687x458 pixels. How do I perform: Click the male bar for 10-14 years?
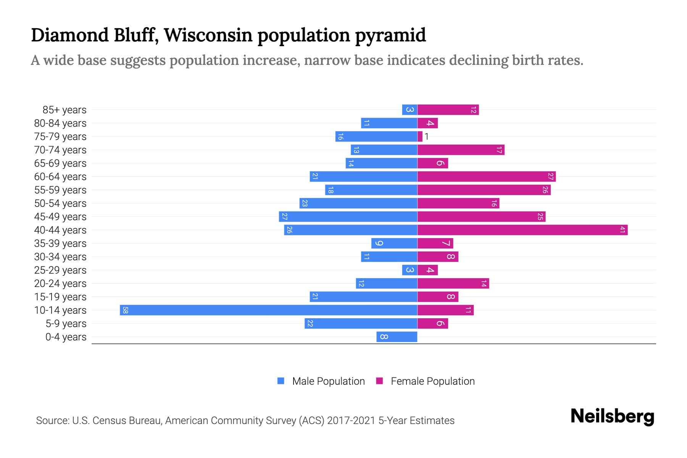(268, 310)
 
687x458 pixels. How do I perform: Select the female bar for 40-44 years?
(522, 230)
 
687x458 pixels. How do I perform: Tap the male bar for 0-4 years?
(397, 337)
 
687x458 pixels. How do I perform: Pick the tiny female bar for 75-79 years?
(420, 136)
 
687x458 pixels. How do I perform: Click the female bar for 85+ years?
(448, 110)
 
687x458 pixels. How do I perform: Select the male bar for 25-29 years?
(410, 270)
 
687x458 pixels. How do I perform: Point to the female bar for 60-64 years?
(486, 176)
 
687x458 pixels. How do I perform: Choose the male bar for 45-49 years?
(348, 216)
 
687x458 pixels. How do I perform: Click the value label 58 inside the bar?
(125, 310)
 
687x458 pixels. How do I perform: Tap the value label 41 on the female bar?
(622, 230)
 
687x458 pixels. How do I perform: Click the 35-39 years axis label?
(60, 243)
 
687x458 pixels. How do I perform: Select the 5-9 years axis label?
(66, 323)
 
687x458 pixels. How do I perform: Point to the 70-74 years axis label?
(60, 150)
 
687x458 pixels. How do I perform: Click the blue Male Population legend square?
(281, 381)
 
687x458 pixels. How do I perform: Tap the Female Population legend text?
(432, 381)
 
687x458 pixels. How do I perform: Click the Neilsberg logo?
(612, 416)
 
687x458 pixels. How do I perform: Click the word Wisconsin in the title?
(208, 35)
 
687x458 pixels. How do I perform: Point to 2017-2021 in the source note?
(351, 420)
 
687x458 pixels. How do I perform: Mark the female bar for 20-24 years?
(453, 283)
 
